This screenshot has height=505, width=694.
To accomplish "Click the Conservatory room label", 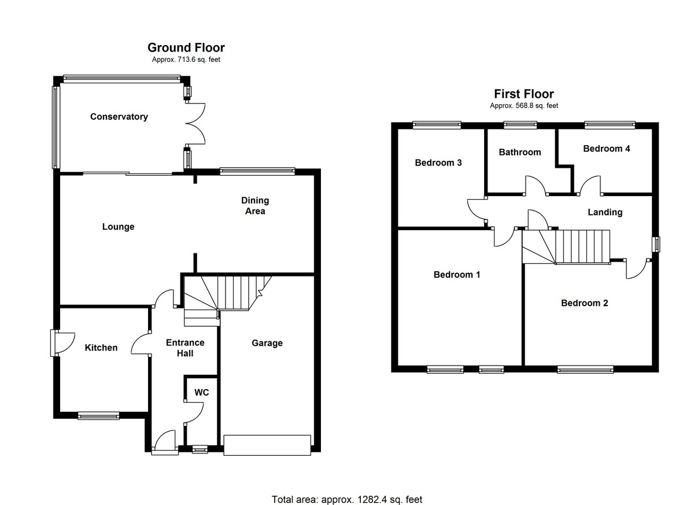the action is click(x=119, y=117).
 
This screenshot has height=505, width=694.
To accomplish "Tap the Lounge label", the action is click(x=118, y=227).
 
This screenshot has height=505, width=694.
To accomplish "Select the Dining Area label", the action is click(x=255, y=206).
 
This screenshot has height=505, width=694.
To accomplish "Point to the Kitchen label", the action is click(x=101, y=348).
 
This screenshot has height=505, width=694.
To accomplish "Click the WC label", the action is click(x=201, y=392).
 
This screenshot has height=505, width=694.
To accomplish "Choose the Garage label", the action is click(x=267, y=343).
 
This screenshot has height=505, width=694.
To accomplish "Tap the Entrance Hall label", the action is click(x=185, y=348).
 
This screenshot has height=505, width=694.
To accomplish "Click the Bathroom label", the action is click(x=520, y=152).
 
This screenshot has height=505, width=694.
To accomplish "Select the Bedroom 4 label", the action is click(x=606, y=149).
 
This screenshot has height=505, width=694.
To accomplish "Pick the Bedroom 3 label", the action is click(x=438, y=163).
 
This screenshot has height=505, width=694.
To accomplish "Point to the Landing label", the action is click(x=605, y=212).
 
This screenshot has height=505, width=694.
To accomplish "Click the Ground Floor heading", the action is click(x=186, y=47).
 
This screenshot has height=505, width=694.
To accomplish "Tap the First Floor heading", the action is click(x=523, y=94).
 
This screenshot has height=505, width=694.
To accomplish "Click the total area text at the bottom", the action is click(x=351, y=499).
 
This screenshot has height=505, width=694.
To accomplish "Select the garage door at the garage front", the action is click(x=267, y=445).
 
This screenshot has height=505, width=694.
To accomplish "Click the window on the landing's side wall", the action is click(x=656, y=244).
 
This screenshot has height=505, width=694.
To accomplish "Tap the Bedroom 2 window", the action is click(x=585, y=368).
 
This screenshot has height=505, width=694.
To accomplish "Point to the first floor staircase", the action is click(x=567, y=246).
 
